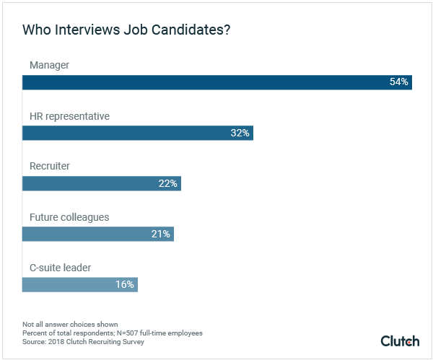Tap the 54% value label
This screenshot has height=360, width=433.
click(399, 82)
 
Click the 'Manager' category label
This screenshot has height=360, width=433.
click(49, 66)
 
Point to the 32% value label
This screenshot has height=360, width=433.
click(240, 133)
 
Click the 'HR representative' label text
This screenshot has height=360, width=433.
click(69, 116)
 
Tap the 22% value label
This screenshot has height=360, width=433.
click(168, 183)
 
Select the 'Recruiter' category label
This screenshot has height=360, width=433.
click(49, 167)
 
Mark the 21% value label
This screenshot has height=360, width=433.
click(161, 234)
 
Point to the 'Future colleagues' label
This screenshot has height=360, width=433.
click(69, 217)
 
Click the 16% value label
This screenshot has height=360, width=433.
click(125, 284)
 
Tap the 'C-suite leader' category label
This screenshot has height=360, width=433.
click(61, 268)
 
